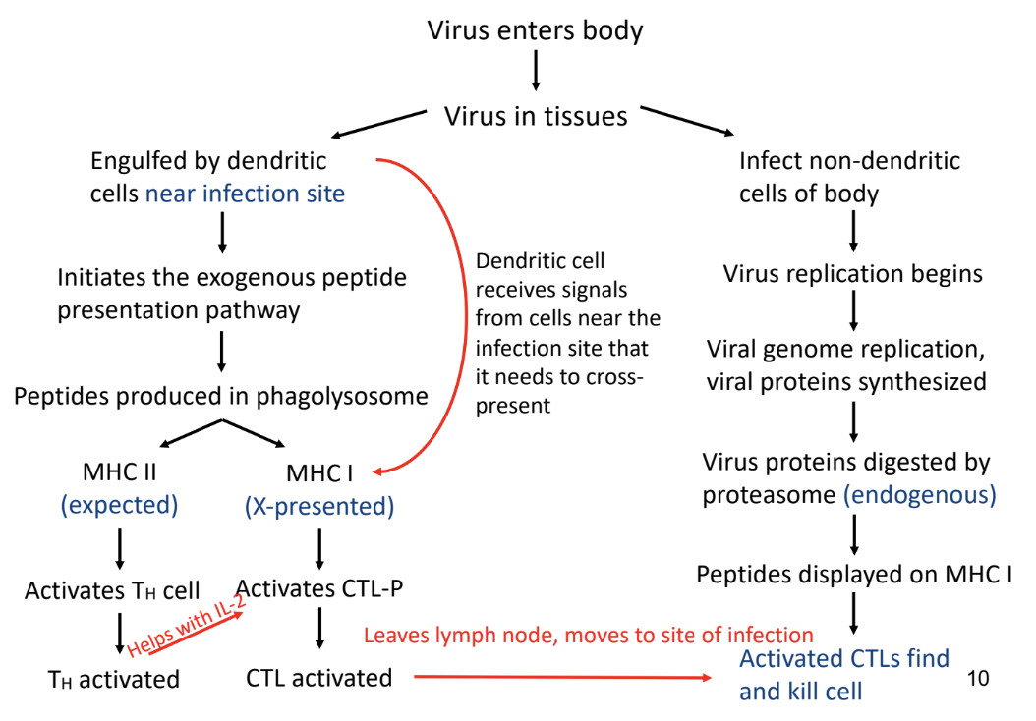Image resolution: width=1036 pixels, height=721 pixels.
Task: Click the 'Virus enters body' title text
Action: (535, 31)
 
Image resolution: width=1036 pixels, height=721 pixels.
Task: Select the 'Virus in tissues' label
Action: (535, 116)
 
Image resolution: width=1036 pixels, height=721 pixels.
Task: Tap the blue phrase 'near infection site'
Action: (245, 194)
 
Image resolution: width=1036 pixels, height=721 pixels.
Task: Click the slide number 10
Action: (978, 678)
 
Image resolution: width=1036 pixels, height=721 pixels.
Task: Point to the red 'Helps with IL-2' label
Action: (186, 625)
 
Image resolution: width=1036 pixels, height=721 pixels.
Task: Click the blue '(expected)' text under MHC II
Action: (120, 505)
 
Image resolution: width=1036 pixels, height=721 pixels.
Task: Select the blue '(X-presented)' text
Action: (319, 507)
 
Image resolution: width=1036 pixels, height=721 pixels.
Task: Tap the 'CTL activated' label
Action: (319, 678)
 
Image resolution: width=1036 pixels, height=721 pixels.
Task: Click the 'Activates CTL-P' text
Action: (319, 588)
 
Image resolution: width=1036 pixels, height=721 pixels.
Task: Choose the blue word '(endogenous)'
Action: (920, 494)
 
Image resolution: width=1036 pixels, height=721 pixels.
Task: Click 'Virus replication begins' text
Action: (853, 274)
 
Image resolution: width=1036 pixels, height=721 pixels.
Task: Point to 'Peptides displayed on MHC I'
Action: (854, 575)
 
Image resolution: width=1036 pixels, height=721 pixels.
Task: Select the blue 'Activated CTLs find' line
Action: (843, 658)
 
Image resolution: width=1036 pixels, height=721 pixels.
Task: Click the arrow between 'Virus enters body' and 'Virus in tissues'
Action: (536, 70)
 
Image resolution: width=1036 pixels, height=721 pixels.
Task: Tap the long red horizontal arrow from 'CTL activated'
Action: (563, 677)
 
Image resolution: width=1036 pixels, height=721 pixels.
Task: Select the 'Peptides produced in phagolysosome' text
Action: (221, 396)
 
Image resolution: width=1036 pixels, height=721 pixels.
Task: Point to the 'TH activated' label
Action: (114, 680)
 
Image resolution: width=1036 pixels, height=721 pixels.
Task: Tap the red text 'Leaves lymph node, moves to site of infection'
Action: (589, 636)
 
